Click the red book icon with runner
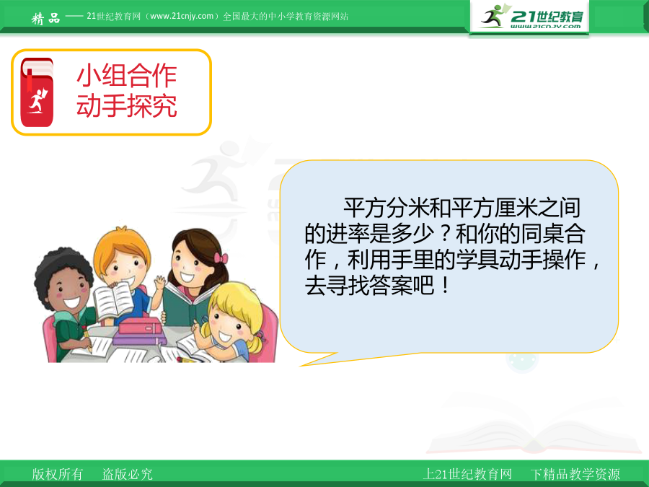(x=37, y=92)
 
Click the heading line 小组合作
(x=127, y=76)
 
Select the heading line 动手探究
(x=127, y=105)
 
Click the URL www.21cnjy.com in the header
(x=182, y=16)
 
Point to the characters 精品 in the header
(x=46, y=18)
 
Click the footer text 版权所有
(x=58, y=474)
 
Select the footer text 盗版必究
(x=128, y=474)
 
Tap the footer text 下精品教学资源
(x=575, y=474)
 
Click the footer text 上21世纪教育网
(x=467, y=474)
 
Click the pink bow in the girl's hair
(x=221, y=258)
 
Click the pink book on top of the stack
(x=141, y=325)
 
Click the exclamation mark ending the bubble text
(x=446, y=286)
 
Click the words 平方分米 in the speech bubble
(x=387, y=208)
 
